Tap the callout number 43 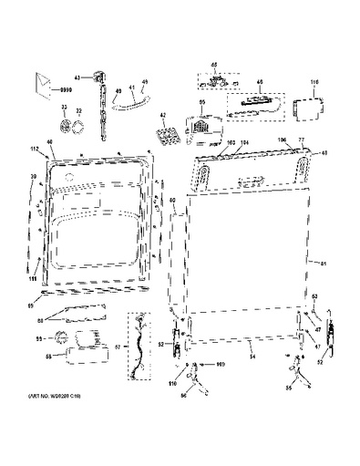click(77, 77)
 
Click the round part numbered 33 click(66, 125)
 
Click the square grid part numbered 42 click(166, 137)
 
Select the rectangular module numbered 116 click(303, 105)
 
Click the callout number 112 click(34, 148)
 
